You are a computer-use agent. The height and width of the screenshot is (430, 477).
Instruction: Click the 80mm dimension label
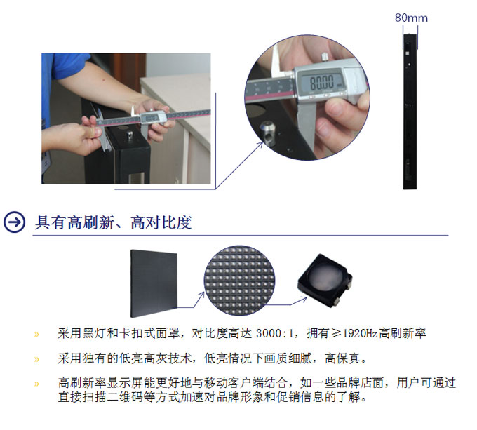(411, 18)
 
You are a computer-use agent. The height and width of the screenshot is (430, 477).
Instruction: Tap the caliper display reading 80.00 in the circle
(322, 81)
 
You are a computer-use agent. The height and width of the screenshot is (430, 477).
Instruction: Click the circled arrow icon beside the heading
(14, 222)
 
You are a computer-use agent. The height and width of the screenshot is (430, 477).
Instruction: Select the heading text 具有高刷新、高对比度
(113, 222)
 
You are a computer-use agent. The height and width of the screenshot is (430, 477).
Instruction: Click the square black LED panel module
(154, 283)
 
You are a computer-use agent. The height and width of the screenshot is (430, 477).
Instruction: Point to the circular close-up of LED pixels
(239, 281)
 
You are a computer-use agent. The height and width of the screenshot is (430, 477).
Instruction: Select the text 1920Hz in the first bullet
(360, 334)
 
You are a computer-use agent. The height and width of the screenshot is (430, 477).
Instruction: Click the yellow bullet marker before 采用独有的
(36, 359)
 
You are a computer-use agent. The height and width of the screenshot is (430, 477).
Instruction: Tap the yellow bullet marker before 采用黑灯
(36, 335)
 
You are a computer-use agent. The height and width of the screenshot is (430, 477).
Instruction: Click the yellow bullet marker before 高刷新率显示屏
(36, 384)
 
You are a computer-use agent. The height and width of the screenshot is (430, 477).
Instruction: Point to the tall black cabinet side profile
(410, 112)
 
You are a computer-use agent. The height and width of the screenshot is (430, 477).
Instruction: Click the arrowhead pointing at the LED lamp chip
(304, 300)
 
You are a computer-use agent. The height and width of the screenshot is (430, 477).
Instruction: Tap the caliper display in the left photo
(152, 118)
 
